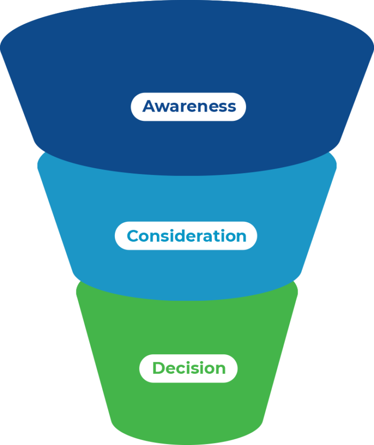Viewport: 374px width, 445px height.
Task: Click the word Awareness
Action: click(x=189, y=106)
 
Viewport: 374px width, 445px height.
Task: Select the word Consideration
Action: click(x=187, y=236)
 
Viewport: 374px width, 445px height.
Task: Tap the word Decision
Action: click(x=189, y=368)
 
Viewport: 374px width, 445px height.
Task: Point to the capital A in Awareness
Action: click(x=149, y=106)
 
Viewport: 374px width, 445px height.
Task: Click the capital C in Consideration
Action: click(x=133, y=236)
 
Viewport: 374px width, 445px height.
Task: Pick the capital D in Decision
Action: click(x=158, y=368)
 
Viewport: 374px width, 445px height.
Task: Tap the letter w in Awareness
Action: click(x=163, y=107)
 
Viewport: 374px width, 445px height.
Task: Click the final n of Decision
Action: click(x=221, y=369)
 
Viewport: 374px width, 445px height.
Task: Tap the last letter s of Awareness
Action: click(x=232, y=107)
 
